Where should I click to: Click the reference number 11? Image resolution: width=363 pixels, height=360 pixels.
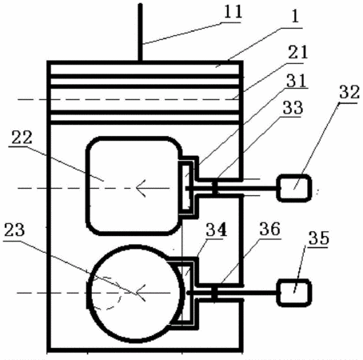233,12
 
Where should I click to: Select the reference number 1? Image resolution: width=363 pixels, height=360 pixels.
295,17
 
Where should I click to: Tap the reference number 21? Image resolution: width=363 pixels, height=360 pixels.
298,52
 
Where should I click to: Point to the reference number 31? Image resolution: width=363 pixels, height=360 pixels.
297,80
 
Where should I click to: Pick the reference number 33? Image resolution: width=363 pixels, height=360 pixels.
293,108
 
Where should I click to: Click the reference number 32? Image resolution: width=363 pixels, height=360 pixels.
349,92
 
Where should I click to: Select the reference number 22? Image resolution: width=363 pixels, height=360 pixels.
22,138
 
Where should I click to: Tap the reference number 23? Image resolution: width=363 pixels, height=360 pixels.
14,230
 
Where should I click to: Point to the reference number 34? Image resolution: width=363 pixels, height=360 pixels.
217,230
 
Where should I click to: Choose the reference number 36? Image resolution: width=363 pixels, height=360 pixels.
270,229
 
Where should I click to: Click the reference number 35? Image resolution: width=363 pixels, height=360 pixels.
319,238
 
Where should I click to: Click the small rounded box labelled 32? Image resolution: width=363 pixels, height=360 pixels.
294,188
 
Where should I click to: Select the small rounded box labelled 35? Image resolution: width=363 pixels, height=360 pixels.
294,293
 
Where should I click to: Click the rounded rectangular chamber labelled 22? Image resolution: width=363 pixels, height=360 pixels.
86,186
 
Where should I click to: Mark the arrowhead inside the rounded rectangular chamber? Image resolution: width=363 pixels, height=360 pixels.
141,188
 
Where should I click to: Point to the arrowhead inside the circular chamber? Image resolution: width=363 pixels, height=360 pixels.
141,293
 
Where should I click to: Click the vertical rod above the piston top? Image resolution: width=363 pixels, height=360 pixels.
140,33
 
